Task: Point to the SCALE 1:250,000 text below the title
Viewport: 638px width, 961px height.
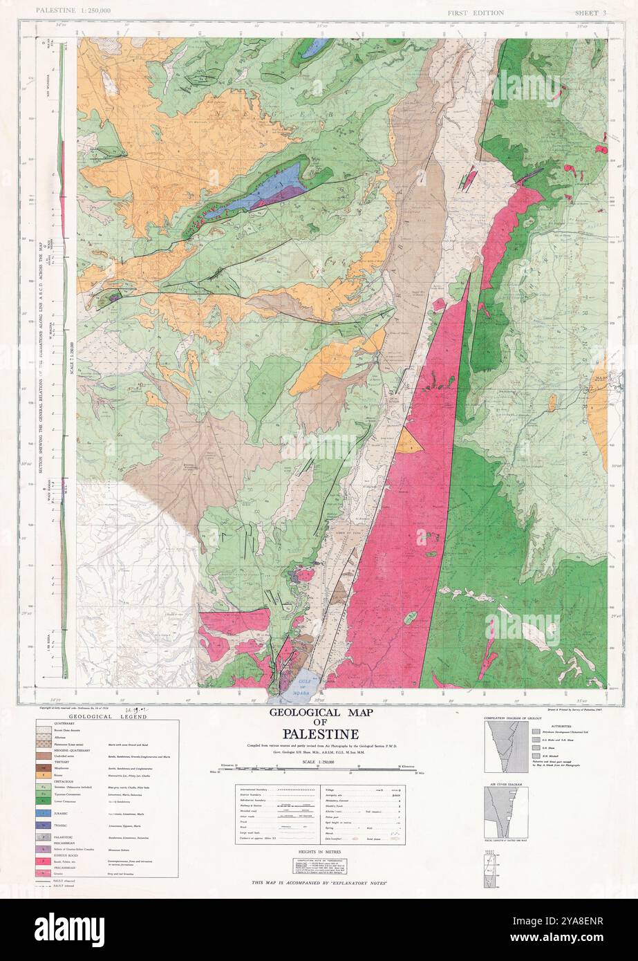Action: [x=319, y=761]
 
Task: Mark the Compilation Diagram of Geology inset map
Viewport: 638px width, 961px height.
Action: [x=503, y=748]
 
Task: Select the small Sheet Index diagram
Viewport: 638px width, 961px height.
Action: [x=491, y=868]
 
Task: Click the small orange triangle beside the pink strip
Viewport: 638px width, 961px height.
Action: [x=411, y=441]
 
